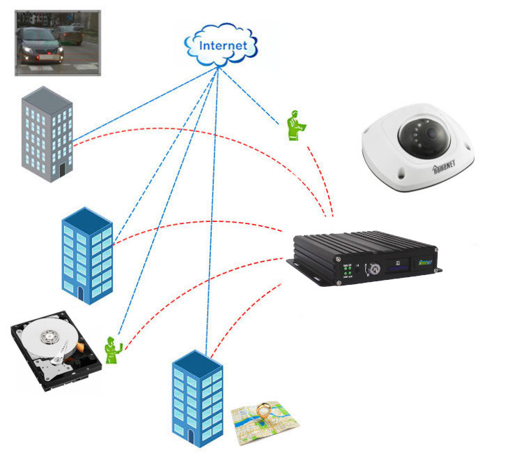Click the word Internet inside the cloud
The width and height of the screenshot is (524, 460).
pos(223,45)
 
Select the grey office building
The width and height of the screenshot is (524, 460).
pos(47,134)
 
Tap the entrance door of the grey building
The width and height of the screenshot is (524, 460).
pos(63,169)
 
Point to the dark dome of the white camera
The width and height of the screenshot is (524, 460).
pos(426,133)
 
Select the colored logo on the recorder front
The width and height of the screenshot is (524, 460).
pos(425,264)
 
